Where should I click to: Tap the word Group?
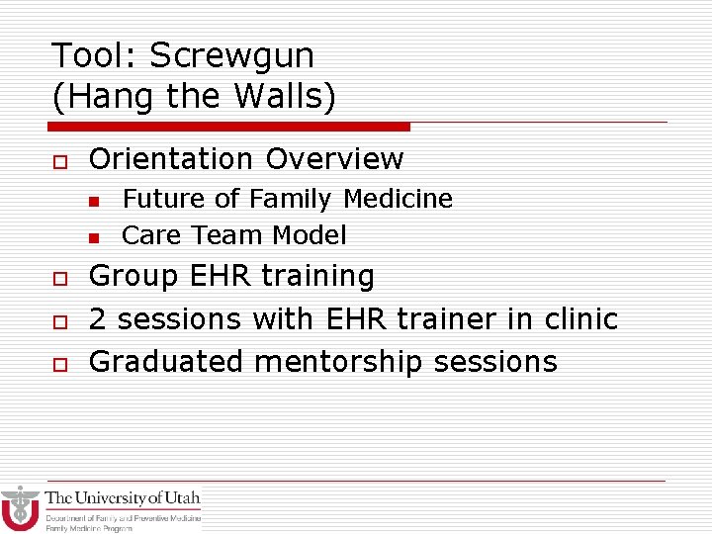pyautogui.click(x=132, y=276)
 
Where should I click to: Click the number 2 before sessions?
pyautogui.click(x=98, y=319)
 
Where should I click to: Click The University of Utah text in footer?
pyautogui.click(x=123, y=498)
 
